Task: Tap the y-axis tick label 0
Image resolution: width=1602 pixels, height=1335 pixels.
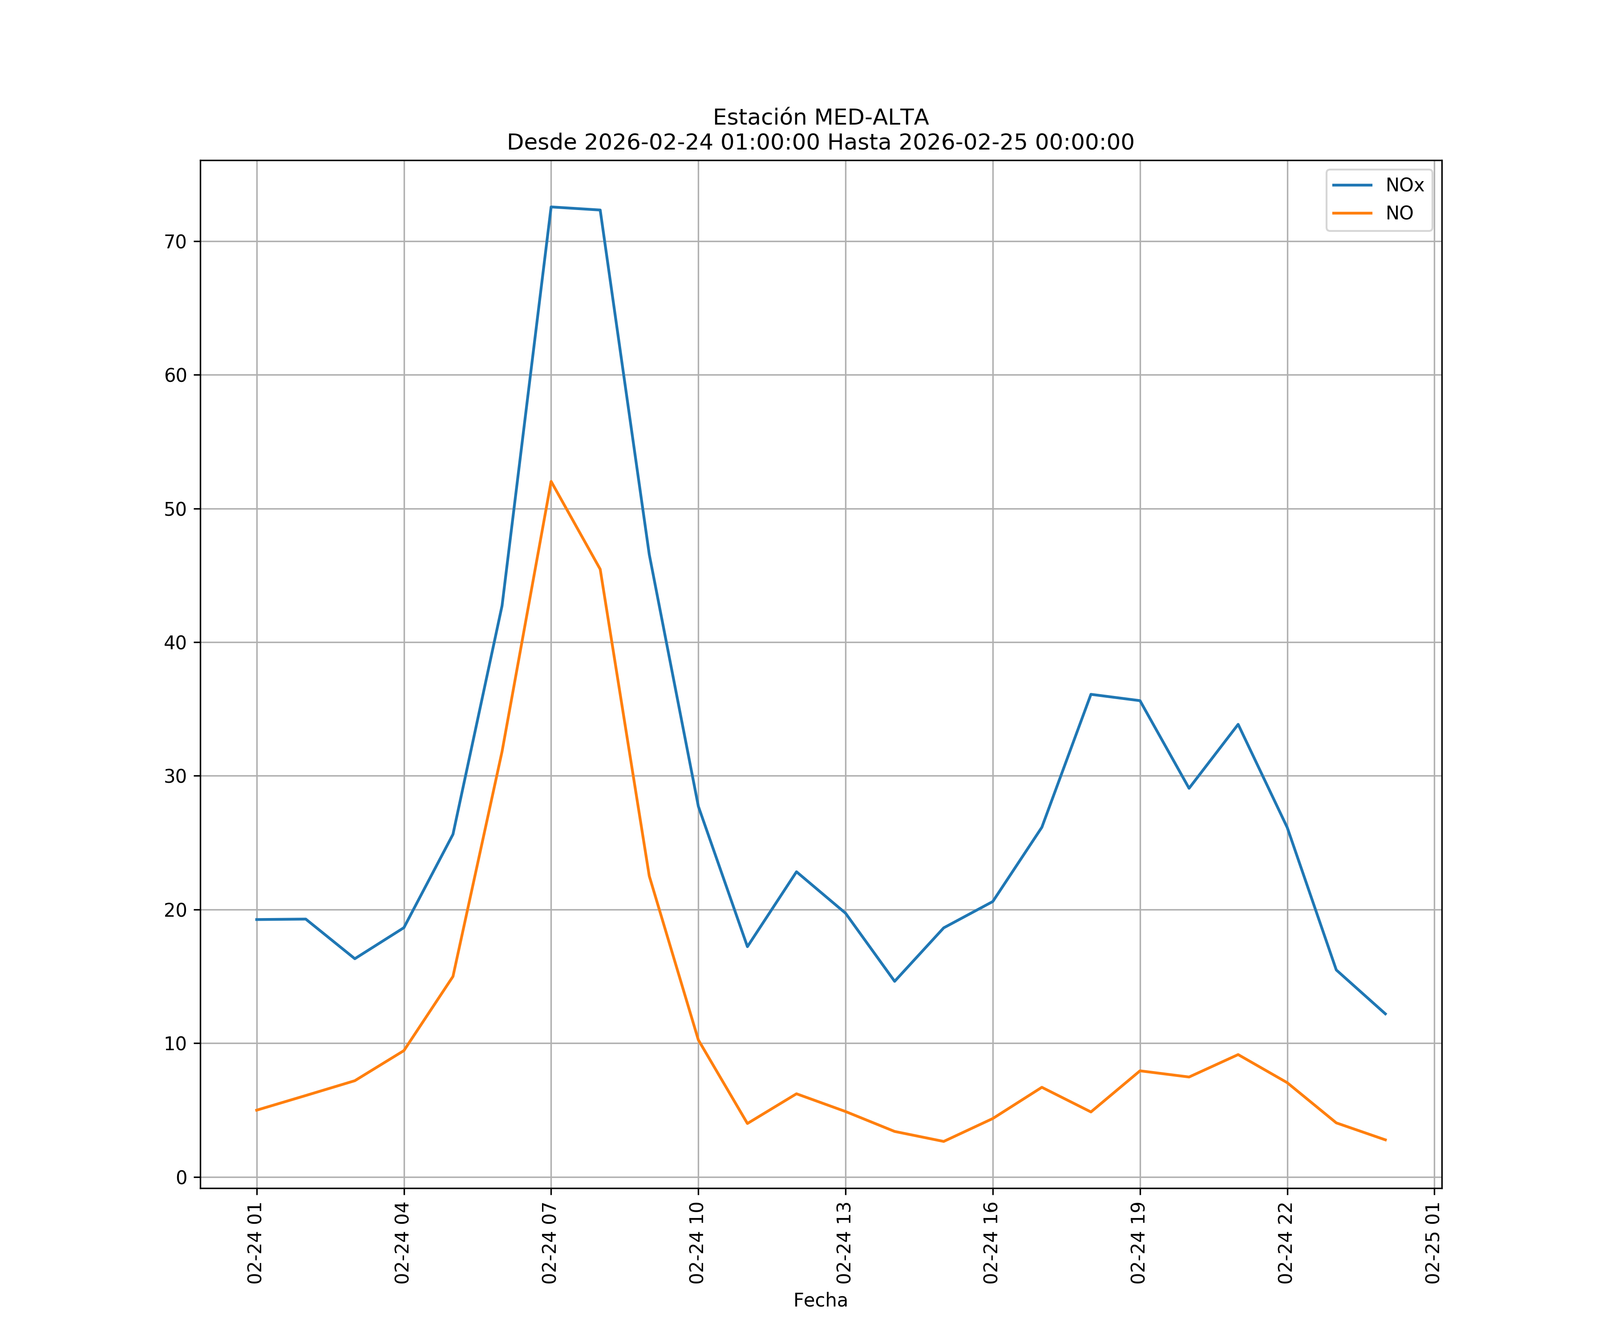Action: point(182,1178)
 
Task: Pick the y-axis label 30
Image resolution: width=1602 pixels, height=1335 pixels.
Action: point(175,777)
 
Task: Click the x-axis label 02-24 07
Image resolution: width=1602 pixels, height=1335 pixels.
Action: point(550,1243)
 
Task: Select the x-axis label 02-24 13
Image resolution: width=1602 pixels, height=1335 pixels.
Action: point(845,1243)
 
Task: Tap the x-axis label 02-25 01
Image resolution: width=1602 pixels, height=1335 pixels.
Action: point(1433,1243)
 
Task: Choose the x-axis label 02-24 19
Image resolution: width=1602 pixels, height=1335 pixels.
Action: point(1139,1243)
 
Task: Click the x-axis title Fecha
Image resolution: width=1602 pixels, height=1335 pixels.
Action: point(820,1301)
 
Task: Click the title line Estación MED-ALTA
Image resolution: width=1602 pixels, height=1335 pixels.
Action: point(820,117)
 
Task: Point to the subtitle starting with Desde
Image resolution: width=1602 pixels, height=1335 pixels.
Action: point(820,143)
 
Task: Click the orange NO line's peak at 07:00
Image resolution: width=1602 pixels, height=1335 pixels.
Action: point(551,481)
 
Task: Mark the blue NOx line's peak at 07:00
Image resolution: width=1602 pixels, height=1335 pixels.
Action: point(551,207)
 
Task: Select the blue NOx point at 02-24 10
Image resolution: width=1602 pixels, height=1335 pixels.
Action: point(698,805)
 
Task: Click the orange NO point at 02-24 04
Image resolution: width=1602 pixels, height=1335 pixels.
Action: point(404,1051)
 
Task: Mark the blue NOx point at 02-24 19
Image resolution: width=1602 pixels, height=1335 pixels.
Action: point(1140,700)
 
